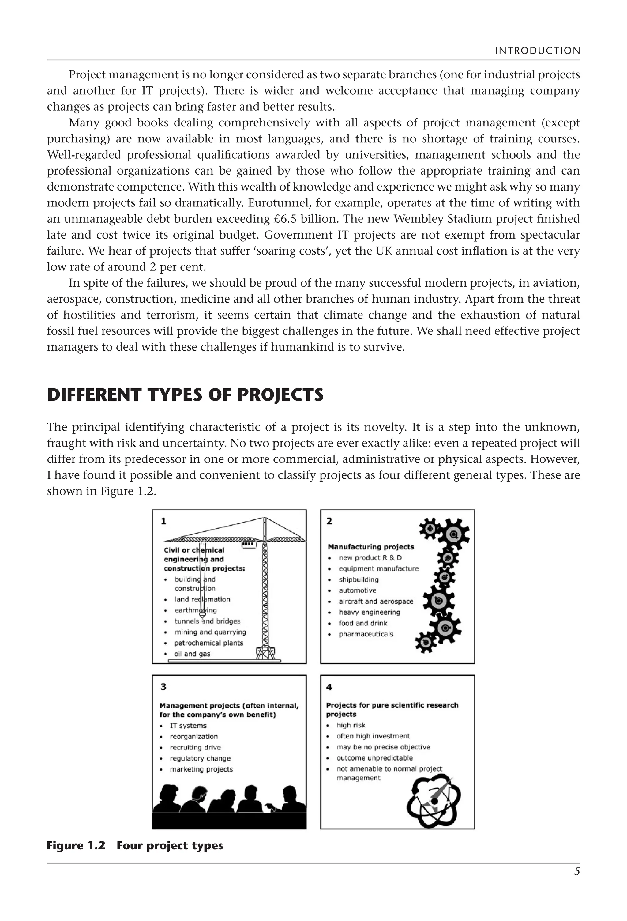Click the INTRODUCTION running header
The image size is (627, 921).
(x=537, y=51)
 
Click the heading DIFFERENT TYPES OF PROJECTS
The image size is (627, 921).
(x=185, y=395)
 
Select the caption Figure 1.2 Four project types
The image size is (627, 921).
(x=135, y=845)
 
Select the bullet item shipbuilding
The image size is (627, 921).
(x=359, y=579)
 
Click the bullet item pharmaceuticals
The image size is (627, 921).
(x=366, y=634)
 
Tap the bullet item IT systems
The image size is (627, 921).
(x=188, y=726)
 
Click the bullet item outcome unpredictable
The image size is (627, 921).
(x=374, y=758)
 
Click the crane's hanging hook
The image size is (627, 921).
(x=202, y=617)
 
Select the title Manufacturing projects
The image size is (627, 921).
(x=371, y=546)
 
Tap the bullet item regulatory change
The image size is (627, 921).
(x=200, y=758)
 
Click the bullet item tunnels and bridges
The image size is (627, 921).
(x=207, y=621)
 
